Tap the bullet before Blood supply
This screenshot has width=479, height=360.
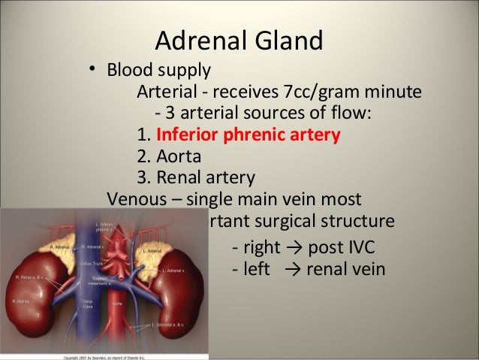(x=92, y=70)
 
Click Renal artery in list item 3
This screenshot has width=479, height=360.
(x=205, y=179)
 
